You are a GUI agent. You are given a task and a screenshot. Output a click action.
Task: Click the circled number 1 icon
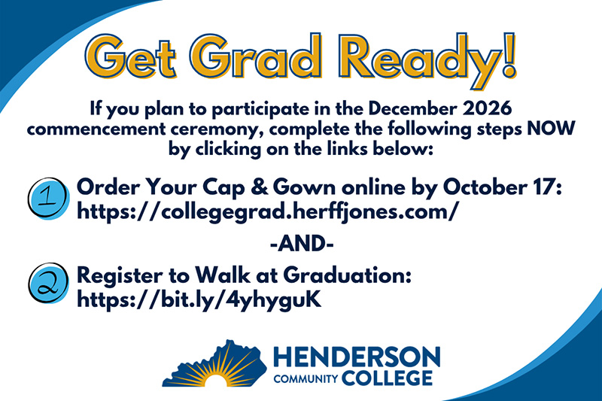48,198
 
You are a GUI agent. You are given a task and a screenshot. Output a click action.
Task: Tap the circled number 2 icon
48,283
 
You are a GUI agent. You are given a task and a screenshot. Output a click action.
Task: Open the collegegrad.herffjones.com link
268,211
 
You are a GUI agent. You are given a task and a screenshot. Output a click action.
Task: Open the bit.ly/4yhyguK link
199,299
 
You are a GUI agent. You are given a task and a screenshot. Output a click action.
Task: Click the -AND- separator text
302,243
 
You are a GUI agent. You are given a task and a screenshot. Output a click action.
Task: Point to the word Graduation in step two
348,275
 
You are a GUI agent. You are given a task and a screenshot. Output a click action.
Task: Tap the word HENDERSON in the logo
357,357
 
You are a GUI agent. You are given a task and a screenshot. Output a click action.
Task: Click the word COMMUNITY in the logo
306,379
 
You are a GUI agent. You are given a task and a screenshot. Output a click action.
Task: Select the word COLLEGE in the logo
387,378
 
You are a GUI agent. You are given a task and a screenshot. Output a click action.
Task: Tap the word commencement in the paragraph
96,129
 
